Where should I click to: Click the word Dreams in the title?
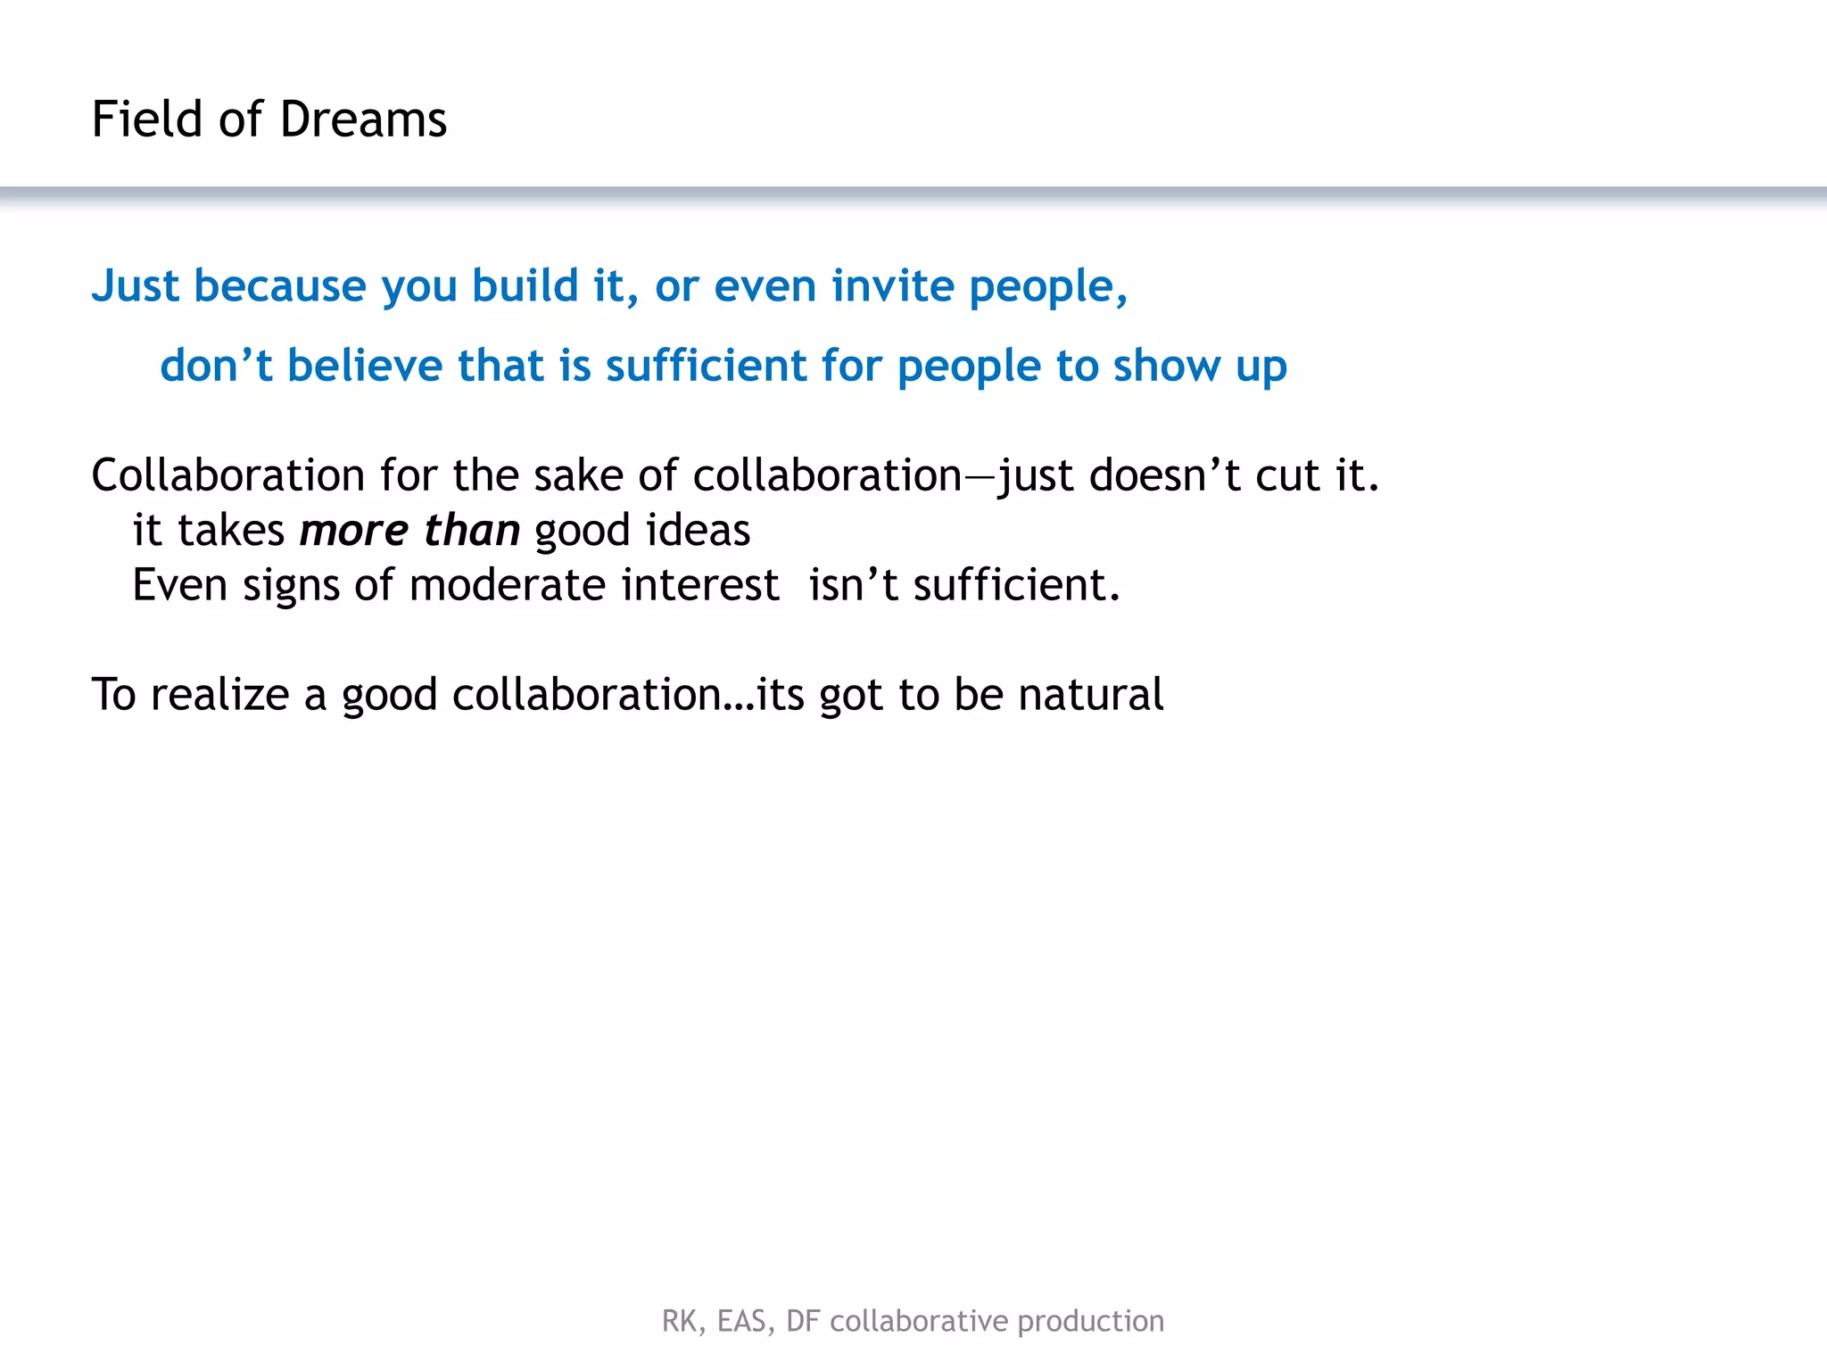tap(363, 120)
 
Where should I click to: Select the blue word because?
tap(280, 286)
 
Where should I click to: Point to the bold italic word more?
tap(353, 531)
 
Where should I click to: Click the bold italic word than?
tap(472, 531)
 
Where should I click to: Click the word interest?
tap(700, 586)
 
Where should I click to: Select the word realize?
tap(219, 695)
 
